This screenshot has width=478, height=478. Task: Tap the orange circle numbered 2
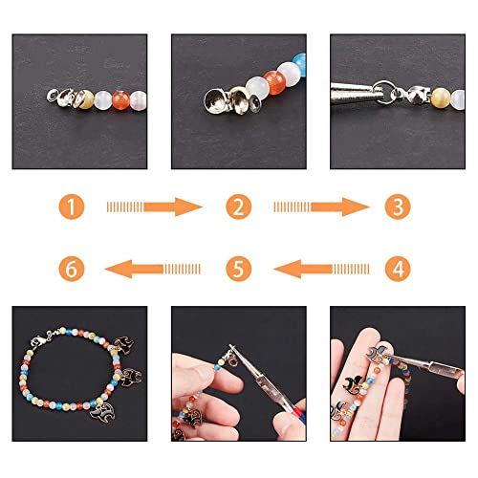coord(239,205)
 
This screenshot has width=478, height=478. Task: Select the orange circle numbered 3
coord(399,205)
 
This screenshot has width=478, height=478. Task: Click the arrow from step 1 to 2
coord(156,205)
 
